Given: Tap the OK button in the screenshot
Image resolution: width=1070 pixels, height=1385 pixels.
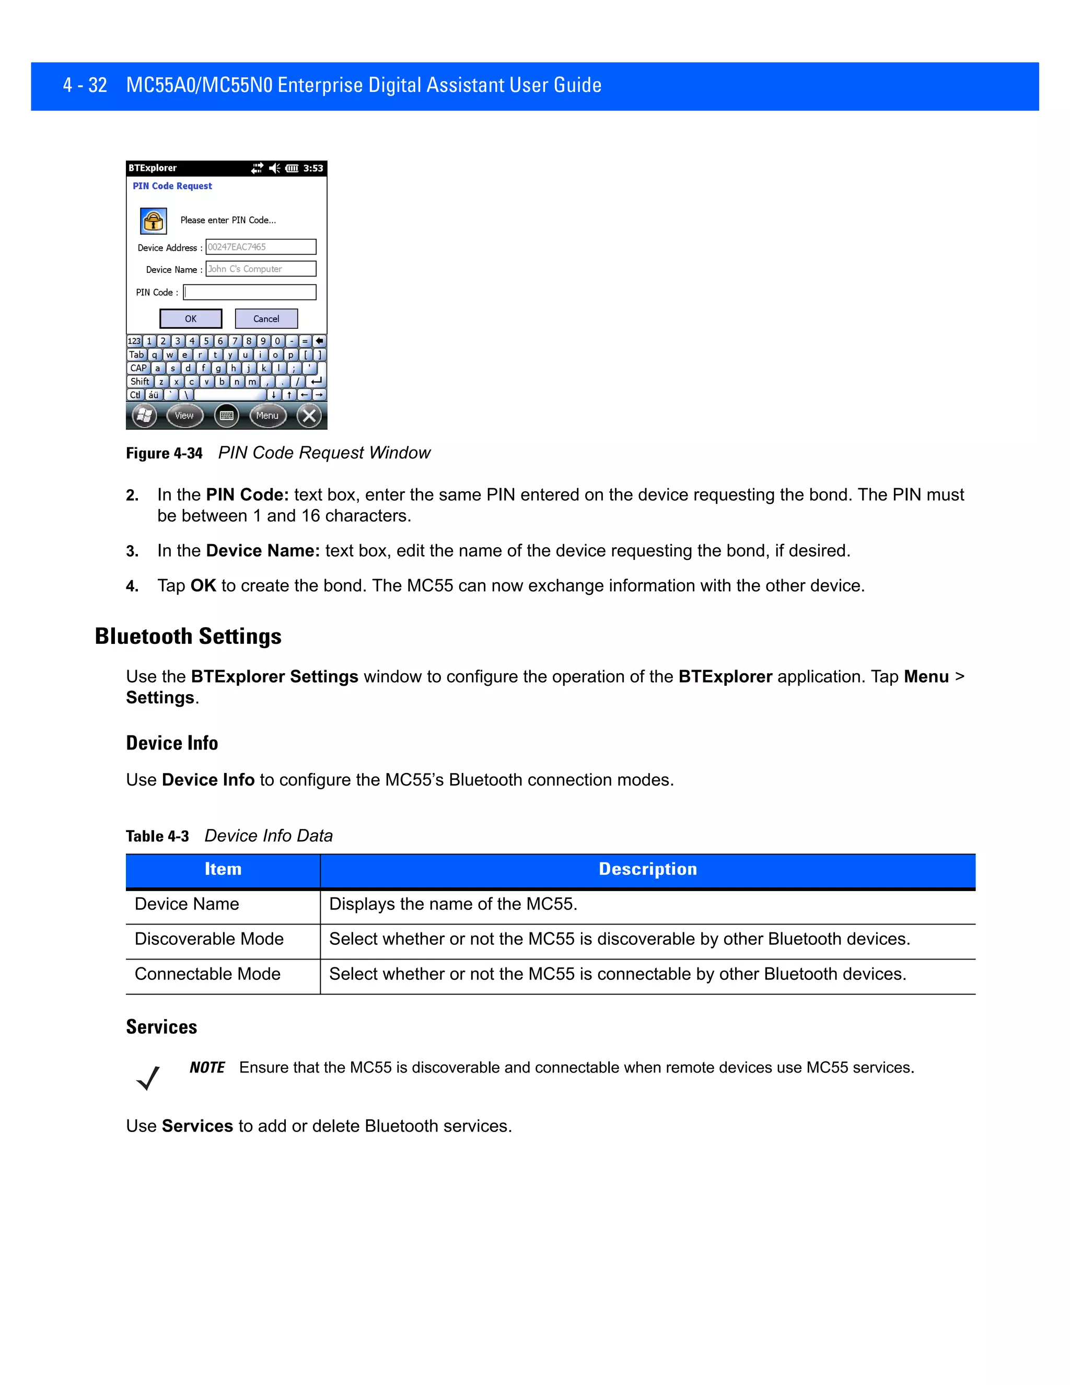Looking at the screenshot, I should tap(191, 318).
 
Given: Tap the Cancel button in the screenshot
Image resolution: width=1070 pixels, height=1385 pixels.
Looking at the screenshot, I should tap(266, 318).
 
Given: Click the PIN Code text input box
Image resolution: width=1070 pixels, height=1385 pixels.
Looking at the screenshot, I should tap(250, 292).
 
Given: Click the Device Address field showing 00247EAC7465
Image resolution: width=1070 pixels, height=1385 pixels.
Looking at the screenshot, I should tap(261, 247).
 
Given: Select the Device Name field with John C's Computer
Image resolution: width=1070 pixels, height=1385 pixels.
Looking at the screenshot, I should tap(261, 269).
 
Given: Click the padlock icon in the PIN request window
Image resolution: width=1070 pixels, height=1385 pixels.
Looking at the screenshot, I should tap(154, 221).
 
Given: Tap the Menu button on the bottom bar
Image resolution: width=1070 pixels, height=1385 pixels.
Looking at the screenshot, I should tap(267, 415).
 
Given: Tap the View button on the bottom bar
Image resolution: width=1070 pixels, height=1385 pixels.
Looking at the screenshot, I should tap(184, 415).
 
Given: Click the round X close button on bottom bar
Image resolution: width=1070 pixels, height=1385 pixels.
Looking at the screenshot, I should tap(309, 415).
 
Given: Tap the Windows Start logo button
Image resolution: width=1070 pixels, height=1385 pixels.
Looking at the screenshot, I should tap(145, 415).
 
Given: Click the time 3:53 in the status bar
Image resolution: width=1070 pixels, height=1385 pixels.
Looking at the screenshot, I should tap(313, 168).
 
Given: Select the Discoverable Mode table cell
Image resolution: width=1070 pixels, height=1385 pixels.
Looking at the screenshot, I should tap(209, 939).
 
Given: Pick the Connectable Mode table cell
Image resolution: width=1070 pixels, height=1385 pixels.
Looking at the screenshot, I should tap(208, 974).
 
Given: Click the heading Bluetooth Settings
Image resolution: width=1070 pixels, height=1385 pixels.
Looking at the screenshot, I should tap(188, 636).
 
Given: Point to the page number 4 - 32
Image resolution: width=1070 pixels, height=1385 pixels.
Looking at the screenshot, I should tap(85, 85).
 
